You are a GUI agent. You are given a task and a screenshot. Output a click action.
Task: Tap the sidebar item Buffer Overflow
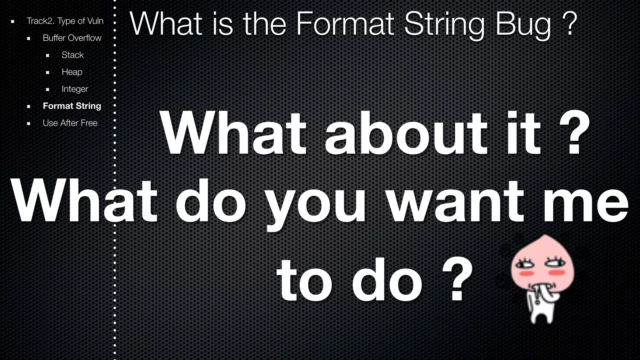point(72,38)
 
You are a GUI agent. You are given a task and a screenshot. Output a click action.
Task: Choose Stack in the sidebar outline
point(72,55)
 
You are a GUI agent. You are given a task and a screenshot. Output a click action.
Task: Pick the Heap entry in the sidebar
point(72,72)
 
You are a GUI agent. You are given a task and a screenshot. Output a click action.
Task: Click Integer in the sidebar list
point(75,89)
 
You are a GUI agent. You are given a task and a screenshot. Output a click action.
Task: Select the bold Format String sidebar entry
point(72,106)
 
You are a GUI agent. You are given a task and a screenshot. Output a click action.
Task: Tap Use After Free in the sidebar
point(70,123)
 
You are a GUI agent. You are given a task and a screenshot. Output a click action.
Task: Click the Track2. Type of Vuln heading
point(65,21)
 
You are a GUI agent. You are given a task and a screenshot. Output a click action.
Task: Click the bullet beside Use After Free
point(28,123)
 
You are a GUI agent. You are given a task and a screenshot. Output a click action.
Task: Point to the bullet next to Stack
point(47,56)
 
